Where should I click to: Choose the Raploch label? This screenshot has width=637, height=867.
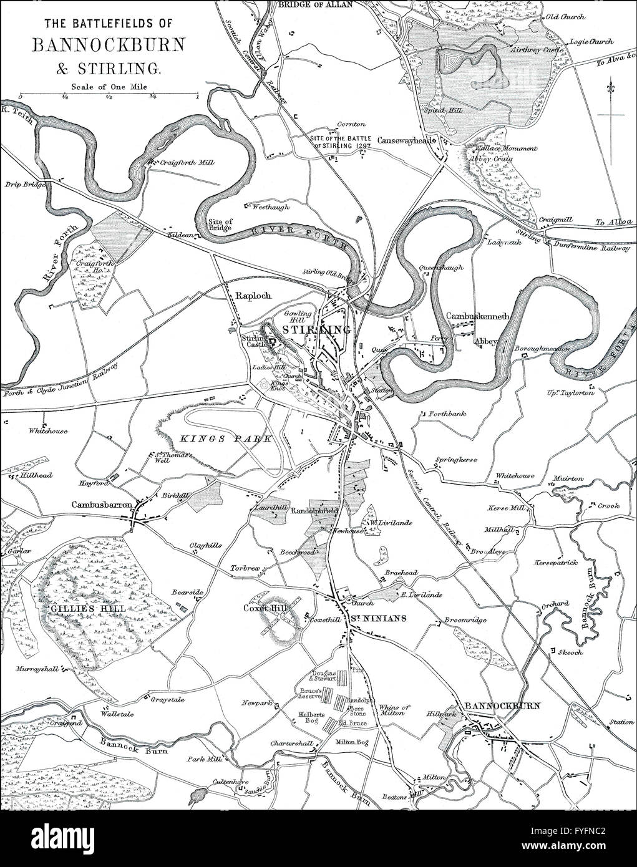253,296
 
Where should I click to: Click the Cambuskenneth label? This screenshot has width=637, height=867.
479,316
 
